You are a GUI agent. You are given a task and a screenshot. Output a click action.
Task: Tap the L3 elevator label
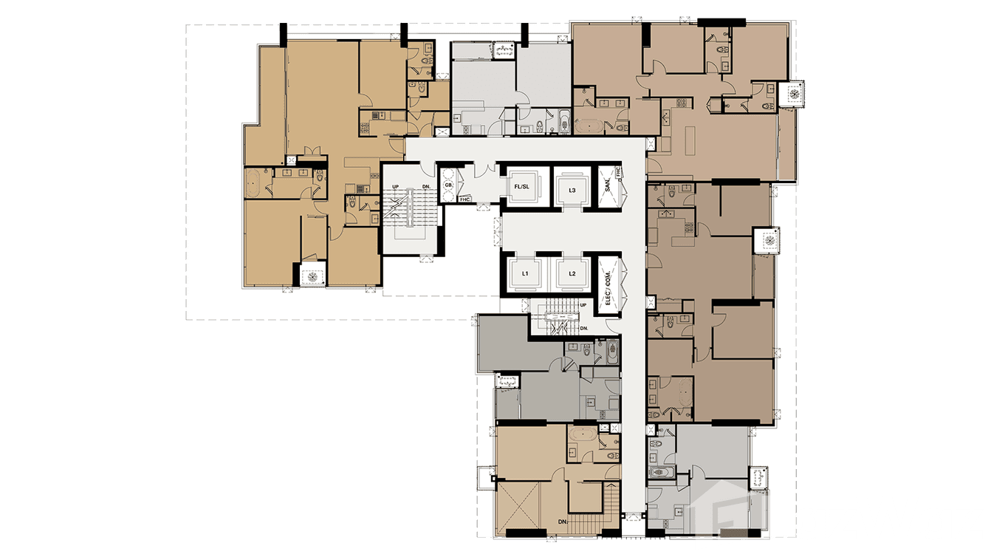tap(572, 190)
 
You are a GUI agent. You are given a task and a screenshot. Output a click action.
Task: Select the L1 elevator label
tap(525, 274)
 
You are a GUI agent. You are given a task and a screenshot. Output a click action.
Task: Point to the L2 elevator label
tap(572, 274)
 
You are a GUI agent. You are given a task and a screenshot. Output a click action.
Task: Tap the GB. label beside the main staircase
tap(448, 177)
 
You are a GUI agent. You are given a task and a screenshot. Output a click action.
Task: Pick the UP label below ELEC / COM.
tap(583, 304)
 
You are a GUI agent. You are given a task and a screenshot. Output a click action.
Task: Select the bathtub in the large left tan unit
tap(253, 182)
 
